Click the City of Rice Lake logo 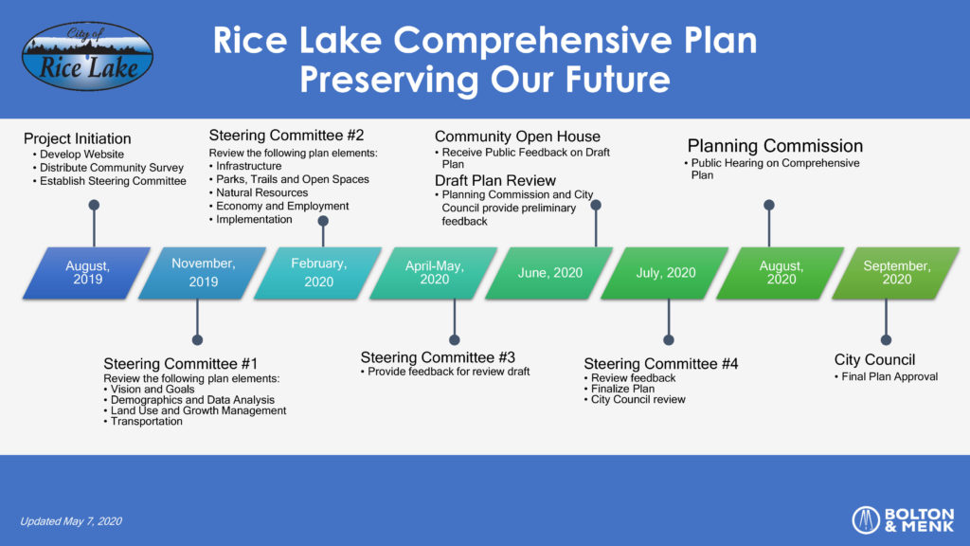pos(87,56)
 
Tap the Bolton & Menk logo pos(903,520)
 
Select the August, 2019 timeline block pos(86,273)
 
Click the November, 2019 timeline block pos(203,273)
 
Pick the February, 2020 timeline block pos(318,273)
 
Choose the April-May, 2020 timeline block pos(434,273)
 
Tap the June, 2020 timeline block pos(549,273)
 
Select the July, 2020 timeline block pos(665,273)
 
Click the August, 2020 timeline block pos(781,273)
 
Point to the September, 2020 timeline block pos(896,273)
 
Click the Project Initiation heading pos(78,138)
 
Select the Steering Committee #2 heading pos(286,135)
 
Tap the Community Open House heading pos(517,136)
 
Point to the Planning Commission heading pos(775,146)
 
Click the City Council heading pos(874,359)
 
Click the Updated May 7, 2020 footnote pos(71,521)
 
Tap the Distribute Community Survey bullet pos(108,168)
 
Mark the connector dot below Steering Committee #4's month pos(669,340)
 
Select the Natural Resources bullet pos(258,192)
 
